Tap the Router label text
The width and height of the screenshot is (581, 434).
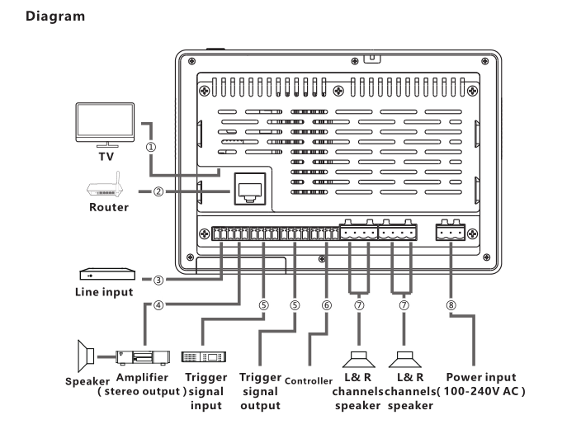pyautogui.click(x=108, y=207)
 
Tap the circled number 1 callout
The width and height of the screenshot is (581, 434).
pyautogui.click(x=151, y=148)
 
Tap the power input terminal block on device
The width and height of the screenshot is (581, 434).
pyautogui.click(x=452, y=234)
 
